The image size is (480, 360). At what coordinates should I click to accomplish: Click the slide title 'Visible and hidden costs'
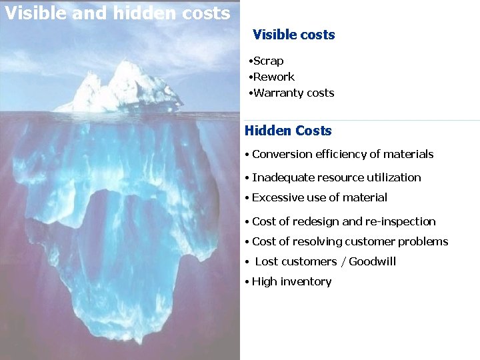[x=117, y=13]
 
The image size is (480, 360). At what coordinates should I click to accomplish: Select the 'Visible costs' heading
[x=293, y=35]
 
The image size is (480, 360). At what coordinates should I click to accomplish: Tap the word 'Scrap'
[x=268, y=61]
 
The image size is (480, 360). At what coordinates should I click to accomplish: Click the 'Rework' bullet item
[x=273, y=77]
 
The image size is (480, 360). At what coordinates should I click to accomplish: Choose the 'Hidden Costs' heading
[x=288, y=131]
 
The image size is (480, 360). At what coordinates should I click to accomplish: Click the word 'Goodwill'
[x=372, y=262]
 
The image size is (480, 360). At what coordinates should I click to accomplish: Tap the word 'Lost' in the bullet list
[x=267, y=262]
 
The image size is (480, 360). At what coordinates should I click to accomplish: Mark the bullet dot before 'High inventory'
[x=247, y=283]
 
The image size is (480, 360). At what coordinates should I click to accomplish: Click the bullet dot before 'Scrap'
[x=249, y=62]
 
